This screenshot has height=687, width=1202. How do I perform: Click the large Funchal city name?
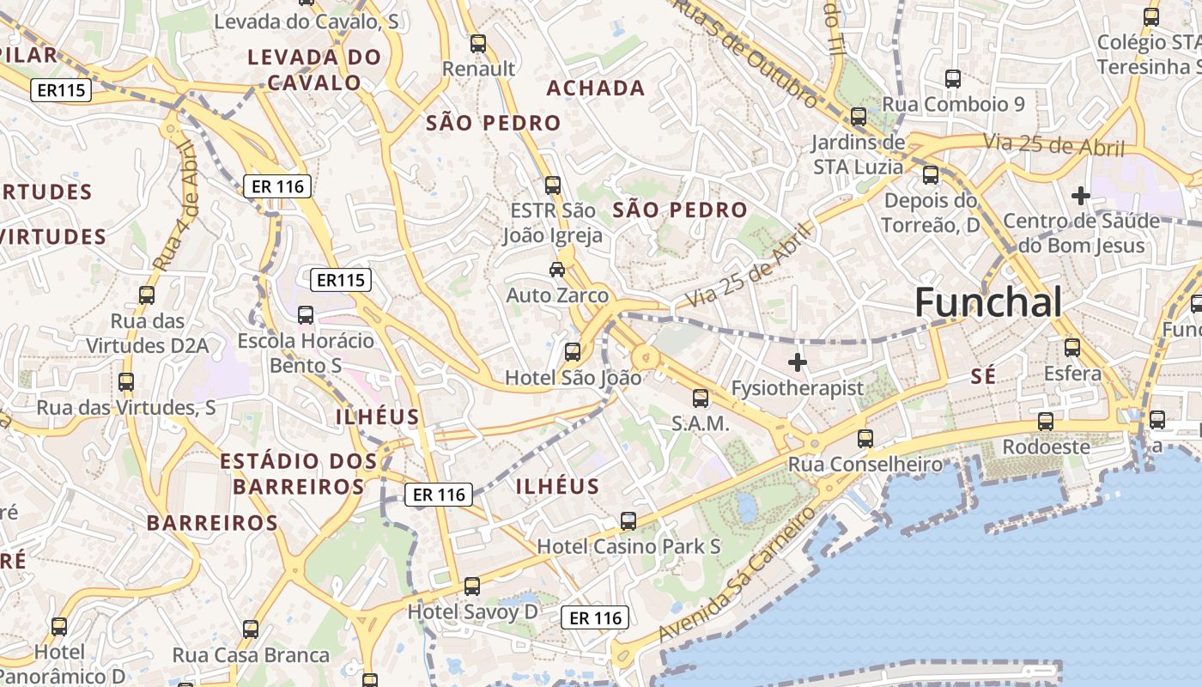(x=987, y=303)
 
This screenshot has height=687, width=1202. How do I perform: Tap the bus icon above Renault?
(x=478, y=43)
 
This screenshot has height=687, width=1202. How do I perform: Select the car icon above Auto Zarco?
(x=557, y=270)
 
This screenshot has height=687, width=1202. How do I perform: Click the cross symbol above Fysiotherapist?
(x=798, y=362)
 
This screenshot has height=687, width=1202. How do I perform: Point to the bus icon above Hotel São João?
(x=573, y=352)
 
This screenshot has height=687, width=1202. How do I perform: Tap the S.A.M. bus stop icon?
(x=701, y=398)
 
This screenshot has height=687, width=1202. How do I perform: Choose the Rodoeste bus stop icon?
(x=1045, y=422)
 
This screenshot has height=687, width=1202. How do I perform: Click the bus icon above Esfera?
(x=1072, y=348)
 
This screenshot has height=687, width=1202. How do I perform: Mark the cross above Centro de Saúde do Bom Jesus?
(x=1081, y=197)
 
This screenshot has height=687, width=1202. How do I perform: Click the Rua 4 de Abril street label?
(x=178, y=206)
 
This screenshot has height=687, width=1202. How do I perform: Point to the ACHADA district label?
(x=596, y=88)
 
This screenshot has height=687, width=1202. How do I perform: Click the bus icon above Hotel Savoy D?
(x=471, y=587)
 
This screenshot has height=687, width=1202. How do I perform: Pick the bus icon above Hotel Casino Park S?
(x=628, y=521)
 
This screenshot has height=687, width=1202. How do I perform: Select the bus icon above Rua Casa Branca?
(x=251, y=629)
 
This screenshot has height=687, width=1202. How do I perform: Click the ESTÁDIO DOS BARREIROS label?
(x=298, y=474)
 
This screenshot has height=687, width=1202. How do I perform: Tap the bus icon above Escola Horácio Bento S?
(x=306, y=315)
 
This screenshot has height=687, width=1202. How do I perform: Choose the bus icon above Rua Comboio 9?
(x=953, y=79)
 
